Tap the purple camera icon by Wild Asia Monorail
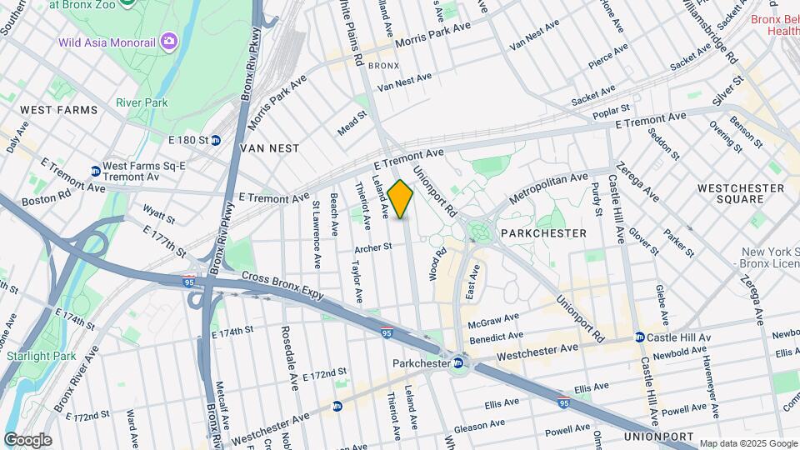pyautogui.click(x=169, y=41)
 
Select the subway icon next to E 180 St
pyautogui.click(x=215, y=140)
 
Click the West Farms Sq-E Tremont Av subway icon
pyautogui.click(x=95, y=172)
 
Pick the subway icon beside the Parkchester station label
pyautogui.click(x=458, y=363)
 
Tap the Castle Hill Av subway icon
pyautogui.click(x=640, y=337)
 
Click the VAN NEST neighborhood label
pyautogui.click(x=269, y=147)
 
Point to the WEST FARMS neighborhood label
pyautogui.click(x=58, y=110)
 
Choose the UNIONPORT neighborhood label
pyautogui.click(x=658, y=437)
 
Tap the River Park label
pyautogui.click(x=142, y=102)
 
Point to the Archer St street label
pyautogui.click(x=372, y=247)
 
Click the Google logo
pyautogui.click(x=27, y=440)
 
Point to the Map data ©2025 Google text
pyautogui.click(x=747, y=444)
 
